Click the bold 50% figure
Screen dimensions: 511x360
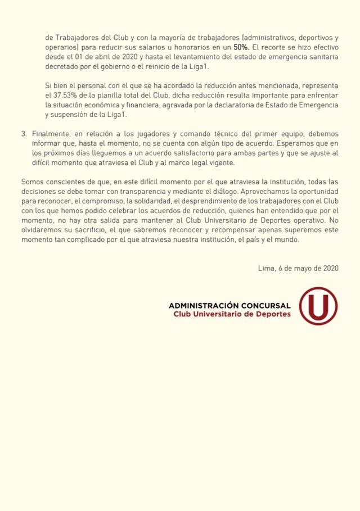242,49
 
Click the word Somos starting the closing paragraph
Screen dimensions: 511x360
31,182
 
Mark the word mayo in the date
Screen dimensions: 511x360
303,269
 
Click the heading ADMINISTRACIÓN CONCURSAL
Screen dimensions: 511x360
229,305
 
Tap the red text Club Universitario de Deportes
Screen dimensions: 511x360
232,314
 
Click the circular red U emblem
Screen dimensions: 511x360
318,306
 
